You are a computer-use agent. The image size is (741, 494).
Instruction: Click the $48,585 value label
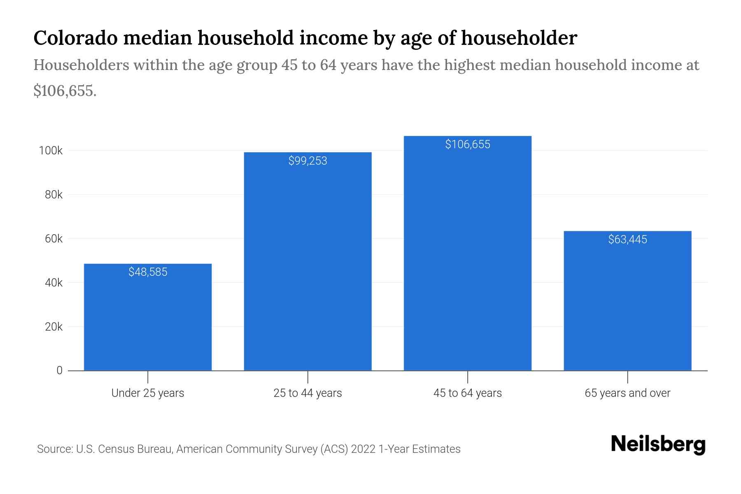(x=148, y=272)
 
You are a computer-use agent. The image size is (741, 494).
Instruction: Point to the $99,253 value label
(x=308, y=161)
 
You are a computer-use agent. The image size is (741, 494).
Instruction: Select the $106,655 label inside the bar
(x=468, y=144)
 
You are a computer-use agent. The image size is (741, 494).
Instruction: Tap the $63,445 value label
(x=627, y=240)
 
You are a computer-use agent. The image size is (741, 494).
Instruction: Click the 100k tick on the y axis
(x=51, y=151)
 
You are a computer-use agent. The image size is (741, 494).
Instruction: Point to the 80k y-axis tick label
(x=54, y=195)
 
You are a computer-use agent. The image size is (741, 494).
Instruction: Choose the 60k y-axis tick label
(x=54, y=239)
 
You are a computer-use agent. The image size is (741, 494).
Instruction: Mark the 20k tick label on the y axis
(x=54, y=327)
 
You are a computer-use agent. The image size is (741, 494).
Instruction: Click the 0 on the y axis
(x=59, y=370)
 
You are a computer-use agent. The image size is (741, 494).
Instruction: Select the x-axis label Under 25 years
(x=147, y=393)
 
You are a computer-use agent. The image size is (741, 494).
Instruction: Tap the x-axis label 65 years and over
(x=627, y=393)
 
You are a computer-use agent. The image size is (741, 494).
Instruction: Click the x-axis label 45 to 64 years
(x=467, y=393)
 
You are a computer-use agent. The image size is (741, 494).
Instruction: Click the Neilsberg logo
(x=658, y=445)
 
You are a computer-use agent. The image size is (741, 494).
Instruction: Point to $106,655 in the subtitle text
(x=65, y=91)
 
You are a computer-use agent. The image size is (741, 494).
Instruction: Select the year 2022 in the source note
(x=363, y=449)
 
